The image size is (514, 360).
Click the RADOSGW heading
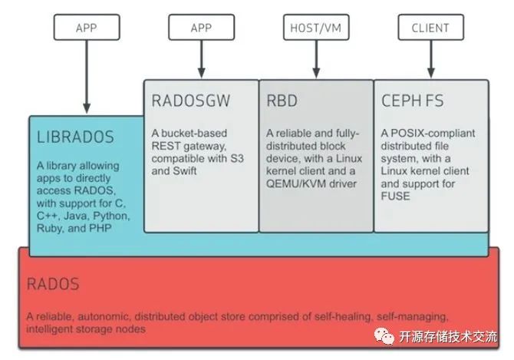pyautogui.click(x=191, y=101)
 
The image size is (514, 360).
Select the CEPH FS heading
pyautogui.click(x=413, y=101)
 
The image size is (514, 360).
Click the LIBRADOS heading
pyautogui.click(x=75, y=137)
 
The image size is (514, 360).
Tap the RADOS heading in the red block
pyautogui.click(x=53, y=283)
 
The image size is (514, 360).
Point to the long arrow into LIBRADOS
pyautogui.click(x=86, y=77)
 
